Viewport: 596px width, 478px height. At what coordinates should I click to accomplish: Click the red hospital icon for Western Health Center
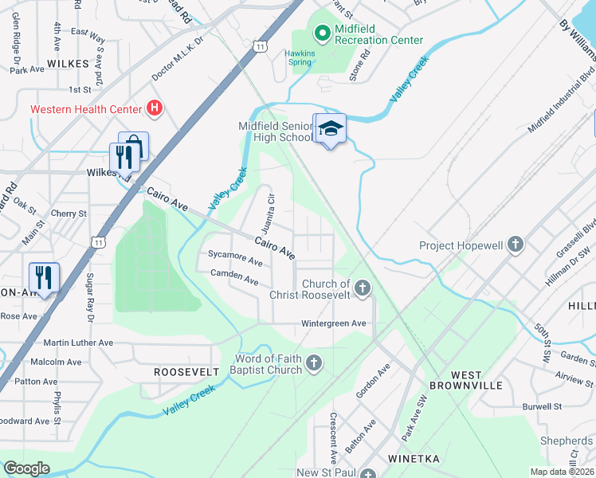coord(155,108)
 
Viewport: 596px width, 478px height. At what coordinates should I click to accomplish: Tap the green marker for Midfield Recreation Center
coord(323,33)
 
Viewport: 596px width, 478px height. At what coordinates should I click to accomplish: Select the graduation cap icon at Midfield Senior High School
coord(331,129)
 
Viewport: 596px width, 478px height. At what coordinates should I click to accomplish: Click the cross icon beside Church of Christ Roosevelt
coord(363,288)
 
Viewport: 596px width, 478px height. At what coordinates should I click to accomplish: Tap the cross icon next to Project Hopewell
coord(516,245)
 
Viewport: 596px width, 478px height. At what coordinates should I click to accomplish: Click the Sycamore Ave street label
coord(235,261)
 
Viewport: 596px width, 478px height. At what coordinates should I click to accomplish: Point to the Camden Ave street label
coord(234,280)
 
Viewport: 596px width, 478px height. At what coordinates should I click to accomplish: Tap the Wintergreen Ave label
coord(333,323)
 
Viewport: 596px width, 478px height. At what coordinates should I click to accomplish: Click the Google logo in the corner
coord(26,468)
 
